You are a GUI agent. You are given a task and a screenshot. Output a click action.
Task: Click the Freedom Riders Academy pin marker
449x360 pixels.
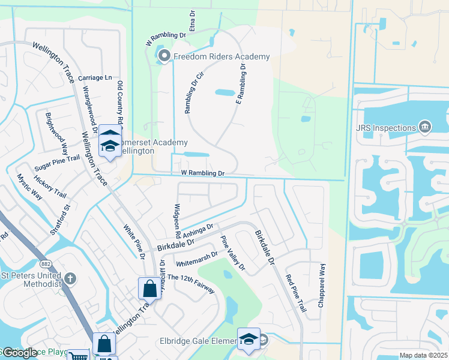tap(164, 57)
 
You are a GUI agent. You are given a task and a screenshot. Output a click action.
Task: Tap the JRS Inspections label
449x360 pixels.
tap(385, 128)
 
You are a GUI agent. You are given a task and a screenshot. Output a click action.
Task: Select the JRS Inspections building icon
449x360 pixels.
tap(425, 127)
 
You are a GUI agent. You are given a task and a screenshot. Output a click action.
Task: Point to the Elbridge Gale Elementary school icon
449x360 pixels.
tap(248, 340)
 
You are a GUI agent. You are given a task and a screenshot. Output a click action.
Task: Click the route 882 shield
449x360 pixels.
tap(46, 264)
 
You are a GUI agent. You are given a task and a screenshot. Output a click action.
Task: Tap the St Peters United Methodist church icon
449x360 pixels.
tap(71, 278)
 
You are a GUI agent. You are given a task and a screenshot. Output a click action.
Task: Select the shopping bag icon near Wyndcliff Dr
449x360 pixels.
tap(149, 289)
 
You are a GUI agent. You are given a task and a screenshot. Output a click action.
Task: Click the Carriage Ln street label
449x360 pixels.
tap(95, 78)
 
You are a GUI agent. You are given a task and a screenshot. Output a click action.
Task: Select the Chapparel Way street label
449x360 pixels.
tap(322, 286)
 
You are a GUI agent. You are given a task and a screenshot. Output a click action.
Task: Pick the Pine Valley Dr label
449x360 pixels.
tap(233, 253)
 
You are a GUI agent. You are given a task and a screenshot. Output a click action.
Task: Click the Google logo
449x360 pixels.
tap(19, 353)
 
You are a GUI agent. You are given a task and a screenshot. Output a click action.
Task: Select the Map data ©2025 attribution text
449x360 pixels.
tap(423, 355)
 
